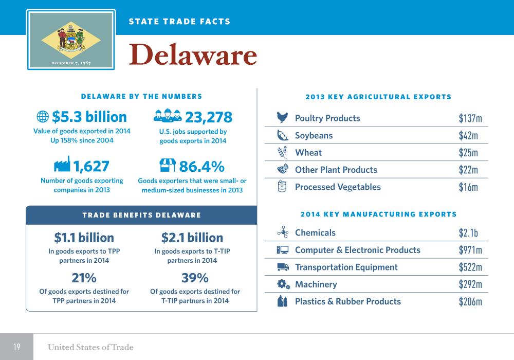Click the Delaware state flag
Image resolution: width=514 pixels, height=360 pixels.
pos(71,39)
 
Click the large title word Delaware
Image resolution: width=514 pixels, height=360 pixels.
pos(193,56)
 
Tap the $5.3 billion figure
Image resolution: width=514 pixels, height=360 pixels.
pos(89,117)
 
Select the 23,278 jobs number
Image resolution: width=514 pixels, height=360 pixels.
pos(209,117)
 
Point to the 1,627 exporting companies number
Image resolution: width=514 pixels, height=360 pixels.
pos(91,166)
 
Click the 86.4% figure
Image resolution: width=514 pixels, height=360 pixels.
pos(201,166)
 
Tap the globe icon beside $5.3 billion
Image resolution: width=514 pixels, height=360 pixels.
pos(43,117)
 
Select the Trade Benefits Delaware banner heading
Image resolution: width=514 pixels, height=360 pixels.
pos(141,215)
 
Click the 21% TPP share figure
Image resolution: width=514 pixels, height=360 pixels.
pos(84,278)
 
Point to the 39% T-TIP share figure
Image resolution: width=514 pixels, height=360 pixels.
pos(195,278)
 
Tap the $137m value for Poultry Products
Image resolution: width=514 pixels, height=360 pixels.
pos(470,119)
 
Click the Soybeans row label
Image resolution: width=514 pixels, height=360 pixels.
pos(314,136)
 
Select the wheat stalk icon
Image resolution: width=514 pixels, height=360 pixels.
pos(282,152)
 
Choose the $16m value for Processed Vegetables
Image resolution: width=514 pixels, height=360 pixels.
pos(468,187)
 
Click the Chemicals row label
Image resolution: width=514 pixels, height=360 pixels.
pos(315,233)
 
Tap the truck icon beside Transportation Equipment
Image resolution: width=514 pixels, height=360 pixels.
pos(283,267)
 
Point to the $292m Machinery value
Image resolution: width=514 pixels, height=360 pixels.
pos(470,284)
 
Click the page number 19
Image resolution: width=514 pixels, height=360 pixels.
pos(16,347)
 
